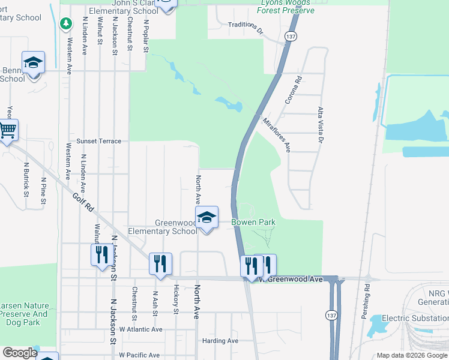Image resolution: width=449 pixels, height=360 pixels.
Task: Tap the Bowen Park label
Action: click(x=254, y=222)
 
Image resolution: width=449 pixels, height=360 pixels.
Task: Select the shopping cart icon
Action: click(x=7, y=130)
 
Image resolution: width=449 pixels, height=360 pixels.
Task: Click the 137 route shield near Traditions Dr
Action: click(x=291, y=37)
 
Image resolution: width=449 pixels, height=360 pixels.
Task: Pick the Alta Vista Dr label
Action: click(x=320, y=125)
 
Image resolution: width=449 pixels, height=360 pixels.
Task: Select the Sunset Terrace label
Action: click(x=98, y=141)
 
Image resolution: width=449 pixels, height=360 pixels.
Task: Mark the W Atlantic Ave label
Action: click(x=140, y=329)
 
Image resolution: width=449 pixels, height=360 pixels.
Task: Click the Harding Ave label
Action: click(x=220, y=341)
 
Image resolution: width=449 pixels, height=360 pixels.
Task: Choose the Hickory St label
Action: click(x=176, y=299)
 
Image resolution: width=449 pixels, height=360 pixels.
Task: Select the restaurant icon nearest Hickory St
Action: click(x=160, y=263)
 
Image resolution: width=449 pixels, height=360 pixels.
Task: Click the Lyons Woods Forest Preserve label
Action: click(x=286, y=7)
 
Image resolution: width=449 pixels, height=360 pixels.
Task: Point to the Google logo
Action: click(x=20, y=353)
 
